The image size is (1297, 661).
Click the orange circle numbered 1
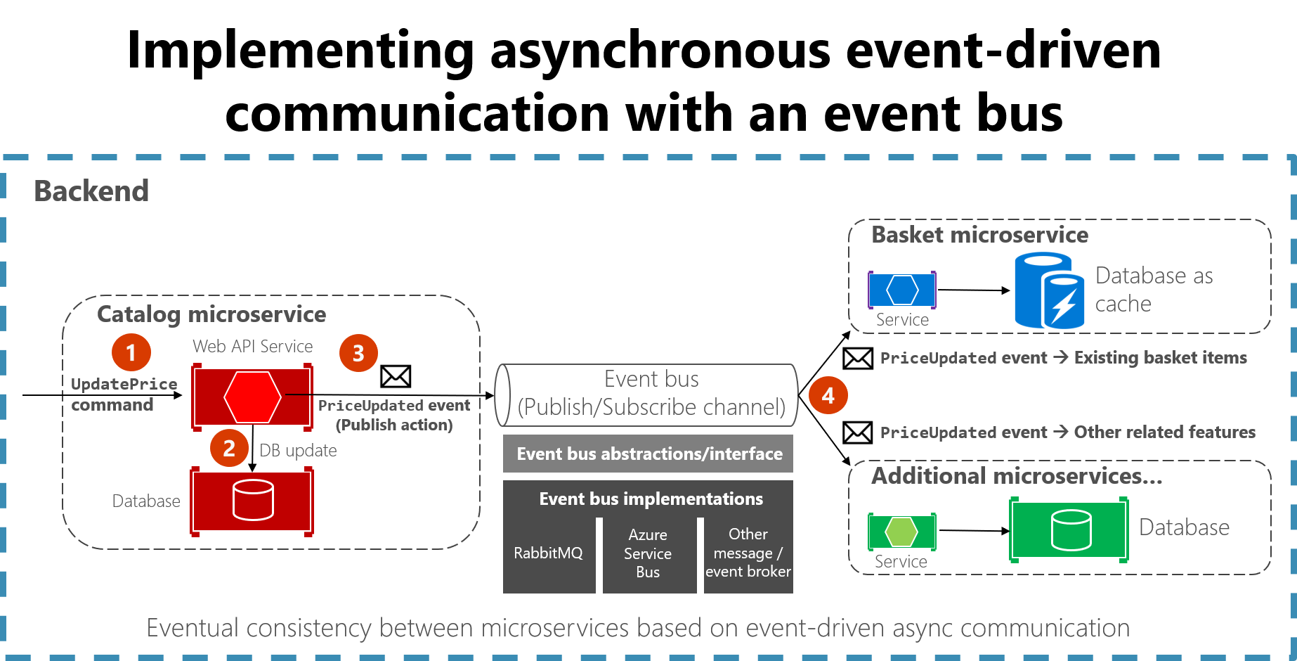(131, 352)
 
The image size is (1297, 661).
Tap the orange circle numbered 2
(229, 448)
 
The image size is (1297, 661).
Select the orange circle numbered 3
(358, 353)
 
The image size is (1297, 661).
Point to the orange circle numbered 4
(828, 395)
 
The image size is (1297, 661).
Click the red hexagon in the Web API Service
(252, 397)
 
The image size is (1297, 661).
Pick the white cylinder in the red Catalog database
(253, 500)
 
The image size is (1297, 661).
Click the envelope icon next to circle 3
(396, 376)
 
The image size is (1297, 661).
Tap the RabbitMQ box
(548, 553)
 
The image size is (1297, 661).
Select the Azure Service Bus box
(648, 553)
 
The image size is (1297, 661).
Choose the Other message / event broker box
(748, 553)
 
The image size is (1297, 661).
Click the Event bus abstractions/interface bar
(648, 454)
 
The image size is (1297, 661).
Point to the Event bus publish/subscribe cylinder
(647, 394)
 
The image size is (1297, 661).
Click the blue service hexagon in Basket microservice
(902, 289)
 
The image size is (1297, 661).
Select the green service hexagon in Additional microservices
(901, 532)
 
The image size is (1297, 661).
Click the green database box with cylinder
(1069, 530)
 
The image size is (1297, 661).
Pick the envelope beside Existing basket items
(858, 359)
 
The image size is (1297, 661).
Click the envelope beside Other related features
(858, 432)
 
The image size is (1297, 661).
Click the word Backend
(91, 191)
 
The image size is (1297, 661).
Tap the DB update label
(298, 451)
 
